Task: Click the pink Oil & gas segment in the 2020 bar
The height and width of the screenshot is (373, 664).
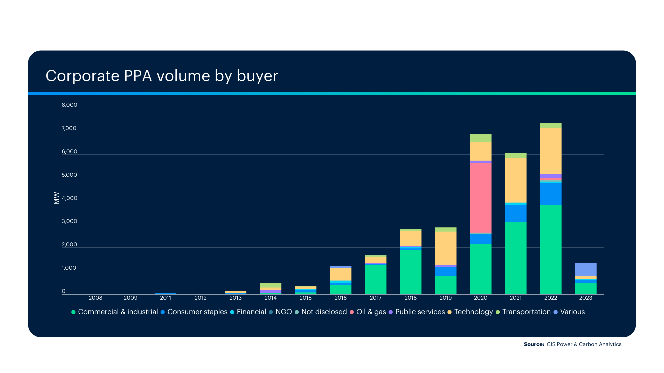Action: pos(480,197)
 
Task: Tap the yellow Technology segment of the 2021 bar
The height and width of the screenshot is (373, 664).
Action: pos(515,180)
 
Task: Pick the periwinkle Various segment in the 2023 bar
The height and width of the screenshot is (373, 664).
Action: pos(585,269)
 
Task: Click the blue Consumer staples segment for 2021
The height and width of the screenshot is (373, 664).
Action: pos(515,213)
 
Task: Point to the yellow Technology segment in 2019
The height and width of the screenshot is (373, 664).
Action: pos(445,248)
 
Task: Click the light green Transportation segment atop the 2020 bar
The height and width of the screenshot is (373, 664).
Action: pos(480,138)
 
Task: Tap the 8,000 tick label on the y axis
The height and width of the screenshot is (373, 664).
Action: pos(69,105)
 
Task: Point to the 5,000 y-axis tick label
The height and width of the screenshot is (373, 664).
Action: pos(69,175)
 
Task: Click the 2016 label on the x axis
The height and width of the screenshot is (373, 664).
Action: pos(340,298)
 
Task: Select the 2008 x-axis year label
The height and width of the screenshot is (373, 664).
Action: pos(95,298)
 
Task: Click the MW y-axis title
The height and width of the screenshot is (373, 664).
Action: pos(56,198)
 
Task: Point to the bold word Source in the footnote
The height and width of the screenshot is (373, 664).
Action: pos(534,344)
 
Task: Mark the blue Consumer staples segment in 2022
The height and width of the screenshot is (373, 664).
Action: pos(550,194)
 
